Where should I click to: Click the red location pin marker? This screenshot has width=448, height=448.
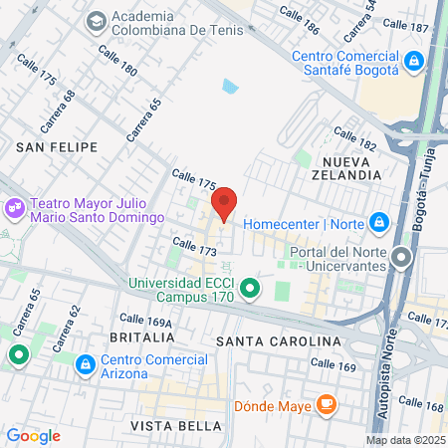click(224, 204)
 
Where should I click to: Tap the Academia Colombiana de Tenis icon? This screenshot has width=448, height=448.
click(97, 20)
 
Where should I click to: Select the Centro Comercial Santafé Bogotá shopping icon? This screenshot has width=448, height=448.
click(413, 63)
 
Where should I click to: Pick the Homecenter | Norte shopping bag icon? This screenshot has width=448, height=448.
click(378, 222)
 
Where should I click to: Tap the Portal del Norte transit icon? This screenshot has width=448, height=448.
click(401, 259)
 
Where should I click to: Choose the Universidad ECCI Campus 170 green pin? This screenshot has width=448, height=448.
click(251, 290)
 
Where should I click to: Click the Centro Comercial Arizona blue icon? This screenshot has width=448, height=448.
click(87, 365)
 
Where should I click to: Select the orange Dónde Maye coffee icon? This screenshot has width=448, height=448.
click(325, 404)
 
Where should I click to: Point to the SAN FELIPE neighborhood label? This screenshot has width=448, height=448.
click(57, 146)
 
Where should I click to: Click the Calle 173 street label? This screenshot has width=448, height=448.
click(194, 246)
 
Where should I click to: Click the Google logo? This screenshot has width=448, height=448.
click(33, 435)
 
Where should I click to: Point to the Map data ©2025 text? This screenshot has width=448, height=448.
click(405, 440)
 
